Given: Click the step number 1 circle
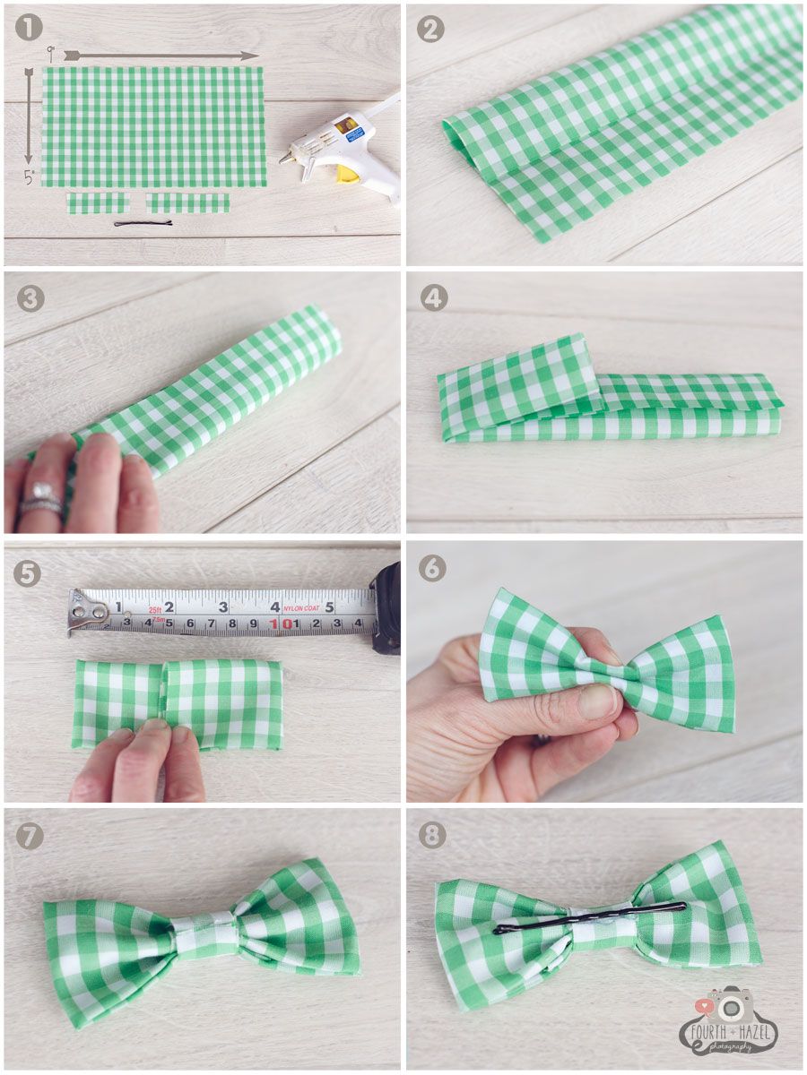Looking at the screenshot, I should [x=30, y=29].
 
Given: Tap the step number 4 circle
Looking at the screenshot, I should [x=434, y=297].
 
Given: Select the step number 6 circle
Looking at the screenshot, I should [x=432, y=567].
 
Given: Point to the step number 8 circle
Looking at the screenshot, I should [x=432, y=836].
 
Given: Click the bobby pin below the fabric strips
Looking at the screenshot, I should [x=143, y=223].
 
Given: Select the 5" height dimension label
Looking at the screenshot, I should [x=29, y=177].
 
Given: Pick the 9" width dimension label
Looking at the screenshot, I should [x=51, y=54].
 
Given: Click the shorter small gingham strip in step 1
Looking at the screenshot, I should [x=98, y=203].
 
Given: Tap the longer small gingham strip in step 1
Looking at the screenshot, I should [x=187, y=203].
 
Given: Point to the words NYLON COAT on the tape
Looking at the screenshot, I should [x=302, y=606].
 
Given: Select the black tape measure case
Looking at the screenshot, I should [x=386, y=606].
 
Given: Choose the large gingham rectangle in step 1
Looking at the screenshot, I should [x=154, y=126].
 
